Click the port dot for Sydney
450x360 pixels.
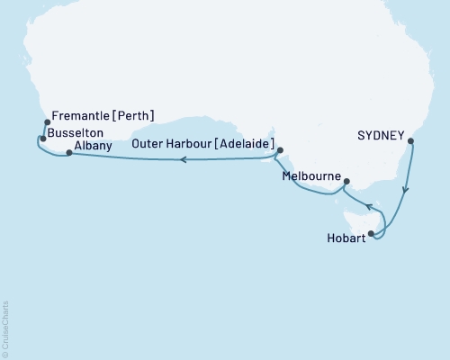[x=410, y=141]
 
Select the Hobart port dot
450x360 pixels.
[x=371, y=233]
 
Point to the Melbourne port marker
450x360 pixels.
[x=344, y=179]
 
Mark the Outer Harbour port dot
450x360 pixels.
[x=280, y=151]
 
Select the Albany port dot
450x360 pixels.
[x=69, y=153]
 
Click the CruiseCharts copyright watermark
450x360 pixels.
[x=6, y=328]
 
